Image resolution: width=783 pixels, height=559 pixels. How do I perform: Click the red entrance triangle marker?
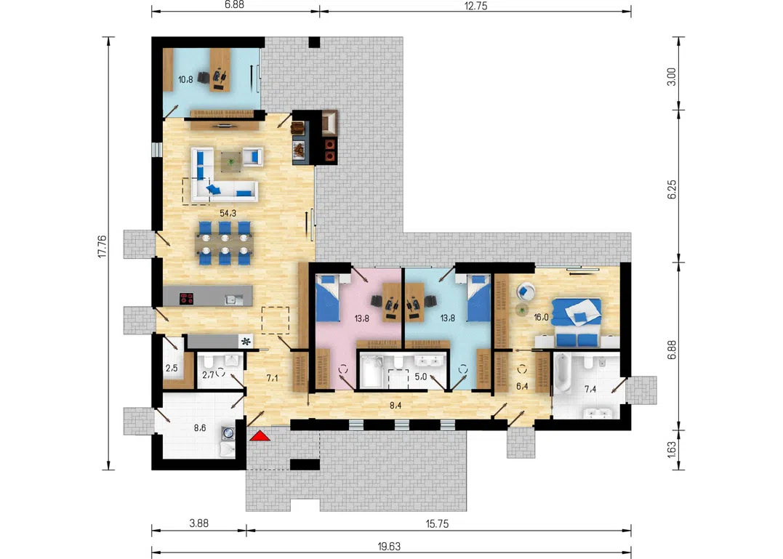tap(260, 436)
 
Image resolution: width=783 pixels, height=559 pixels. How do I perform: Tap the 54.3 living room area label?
tap(228, 213)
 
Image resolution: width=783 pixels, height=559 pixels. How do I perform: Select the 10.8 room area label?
tap(186, 79)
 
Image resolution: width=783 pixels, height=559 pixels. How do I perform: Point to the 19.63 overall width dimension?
tap(389, 547)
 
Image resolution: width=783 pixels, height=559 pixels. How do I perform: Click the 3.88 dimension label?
tap(198, 523)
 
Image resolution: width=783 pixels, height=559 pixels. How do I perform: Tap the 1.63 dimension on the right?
tap(672, 449)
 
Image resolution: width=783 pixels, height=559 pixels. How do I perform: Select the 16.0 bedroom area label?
tap(541, 317)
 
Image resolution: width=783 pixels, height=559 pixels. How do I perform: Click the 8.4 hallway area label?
tap(395, 406)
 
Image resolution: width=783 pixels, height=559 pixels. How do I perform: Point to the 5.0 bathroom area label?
tap(421, 377)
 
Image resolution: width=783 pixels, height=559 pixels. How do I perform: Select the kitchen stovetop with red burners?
tap(187, 299)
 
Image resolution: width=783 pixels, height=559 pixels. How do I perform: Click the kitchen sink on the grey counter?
tap(233, 299)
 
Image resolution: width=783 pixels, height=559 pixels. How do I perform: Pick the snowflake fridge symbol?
tap(246, 342)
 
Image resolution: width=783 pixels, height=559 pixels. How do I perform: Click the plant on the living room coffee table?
tap(230, 161)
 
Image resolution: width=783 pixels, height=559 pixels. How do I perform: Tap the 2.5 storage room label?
tap(172, 369)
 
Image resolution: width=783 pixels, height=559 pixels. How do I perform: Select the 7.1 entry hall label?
tap(272, 378)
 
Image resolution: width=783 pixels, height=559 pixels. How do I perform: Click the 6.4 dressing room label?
tap(522, 386)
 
